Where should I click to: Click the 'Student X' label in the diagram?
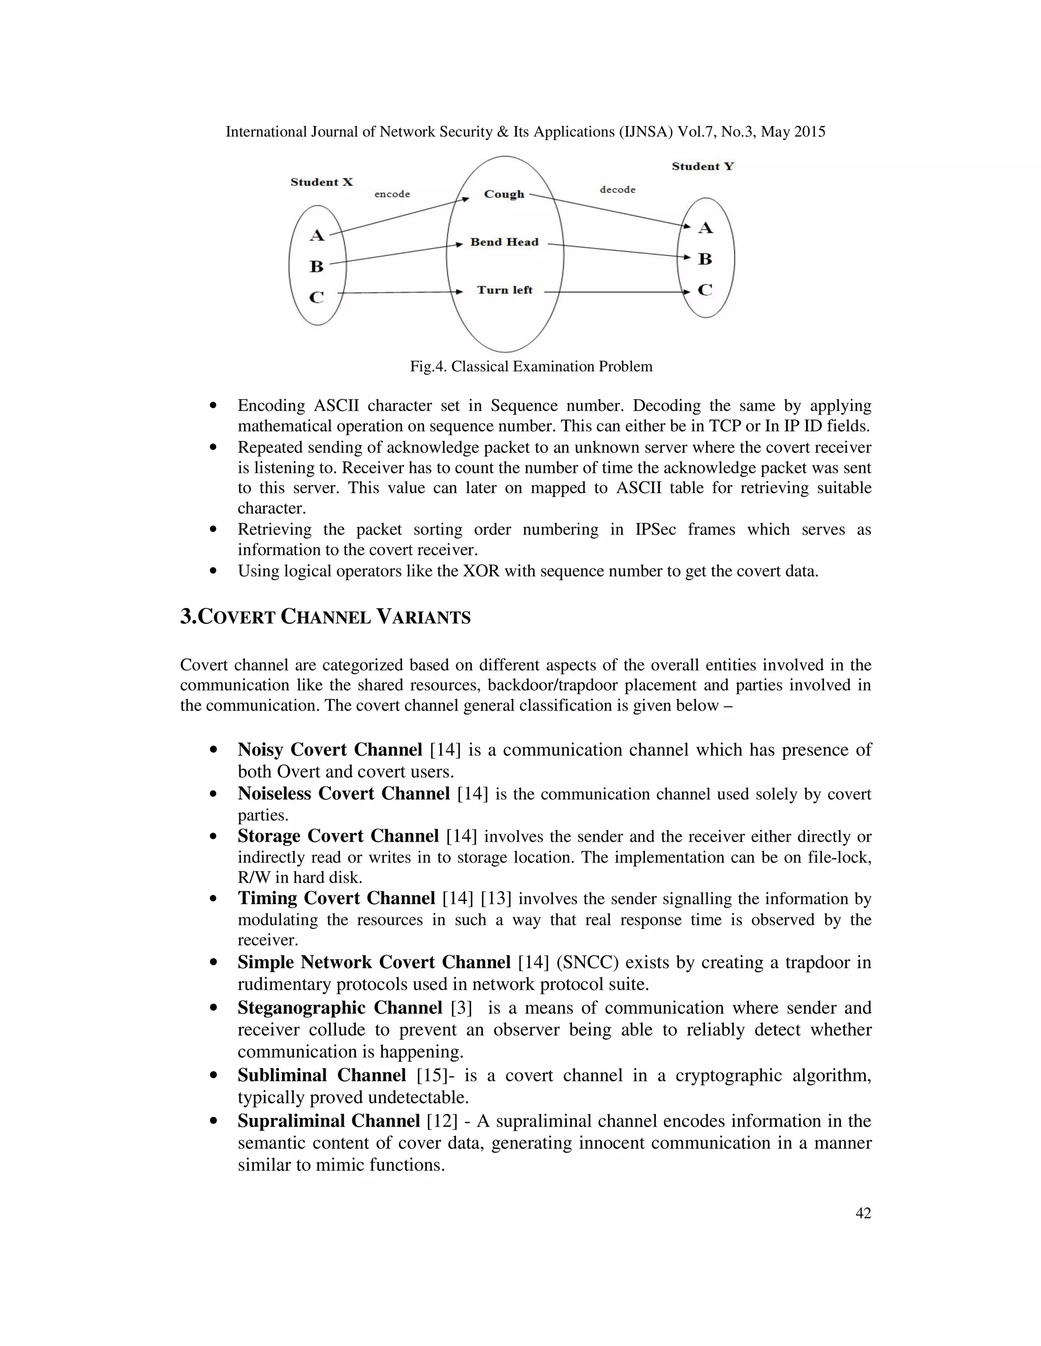click(x=321, y=182)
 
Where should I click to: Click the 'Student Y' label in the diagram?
click(x=702, y=167)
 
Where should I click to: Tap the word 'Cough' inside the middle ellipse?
click(x=504, y=194)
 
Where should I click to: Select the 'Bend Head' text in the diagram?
click(x=504, y=242)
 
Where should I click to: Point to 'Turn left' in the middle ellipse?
click(x=504, y=290)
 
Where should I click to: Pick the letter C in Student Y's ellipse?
click(x=705, y=290)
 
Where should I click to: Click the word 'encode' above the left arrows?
click(x=392, y=194)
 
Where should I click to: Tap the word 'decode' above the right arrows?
click(x=617, y=190)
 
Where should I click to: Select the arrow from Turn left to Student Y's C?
click(x=617, y=292)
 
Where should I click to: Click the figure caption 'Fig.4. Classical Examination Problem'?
click(x=531, y=367)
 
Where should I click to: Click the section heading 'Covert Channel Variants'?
click(x=325, y=617)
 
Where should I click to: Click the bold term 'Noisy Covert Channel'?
click(x=330, y=750)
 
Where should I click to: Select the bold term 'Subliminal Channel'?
click(x=321, y=1075)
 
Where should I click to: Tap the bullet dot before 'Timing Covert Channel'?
click(x=213, y=899)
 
